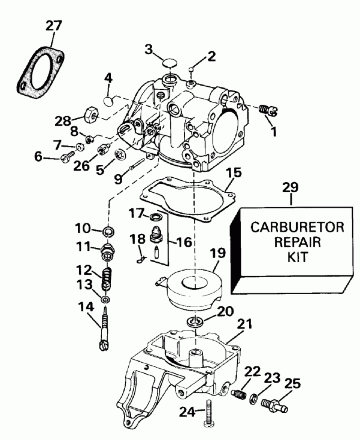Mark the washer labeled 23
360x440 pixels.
(255, 398)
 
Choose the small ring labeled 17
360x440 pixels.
(155, 216)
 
